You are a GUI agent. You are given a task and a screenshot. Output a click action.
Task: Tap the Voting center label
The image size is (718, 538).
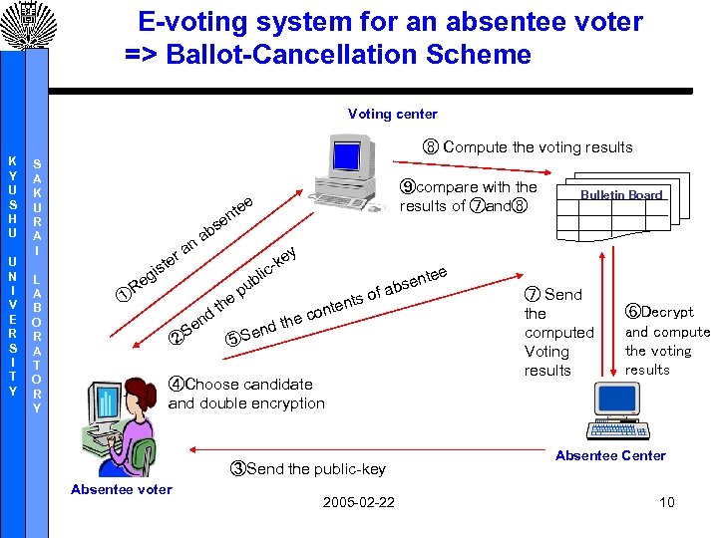point(392,114)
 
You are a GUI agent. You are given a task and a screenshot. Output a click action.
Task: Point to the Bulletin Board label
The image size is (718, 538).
point(622,195)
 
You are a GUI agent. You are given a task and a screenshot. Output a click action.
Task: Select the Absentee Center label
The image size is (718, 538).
point(610,456)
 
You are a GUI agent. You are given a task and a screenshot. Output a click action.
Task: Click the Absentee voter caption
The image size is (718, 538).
point(122,489)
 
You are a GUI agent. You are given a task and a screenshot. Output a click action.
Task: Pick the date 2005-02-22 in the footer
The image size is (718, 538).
point(358,501)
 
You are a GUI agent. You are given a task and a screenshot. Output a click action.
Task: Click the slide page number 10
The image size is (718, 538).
point(666,501)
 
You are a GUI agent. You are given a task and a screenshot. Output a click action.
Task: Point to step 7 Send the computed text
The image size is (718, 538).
point(558,332)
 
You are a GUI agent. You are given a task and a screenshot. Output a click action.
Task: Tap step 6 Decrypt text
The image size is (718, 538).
point(666,340)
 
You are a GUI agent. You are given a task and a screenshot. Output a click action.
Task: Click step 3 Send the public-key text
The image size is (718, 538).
point(308,468)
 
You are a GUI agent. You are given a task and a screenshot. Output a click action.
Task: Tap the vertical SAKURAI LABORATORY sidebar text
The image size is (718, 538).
point(37,284)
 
